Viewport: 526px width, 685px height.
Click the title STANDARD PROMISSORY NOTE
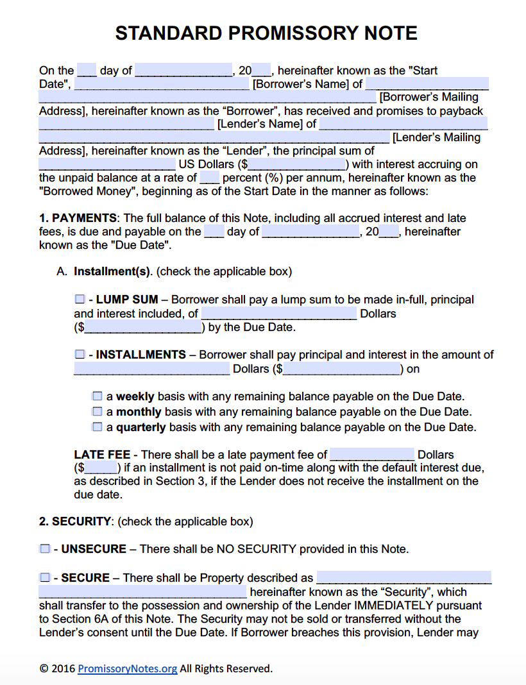pos(266,33)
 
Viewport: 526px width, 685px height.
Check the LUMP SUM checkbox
pos(80,300)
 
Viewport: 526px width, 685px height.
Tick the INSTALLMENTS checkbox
pos(80,354)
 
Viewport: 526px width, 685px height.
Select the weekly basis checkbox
pos(97,396)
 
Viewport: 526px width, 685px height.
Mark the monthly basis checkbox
pos(97,411)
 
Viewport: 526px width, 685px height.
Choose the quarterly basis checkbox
pos(97,427)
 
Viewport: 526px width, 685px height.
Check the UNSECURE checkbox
pos(44,549)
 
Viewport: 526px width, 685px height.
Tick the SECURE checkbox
pos(44,578)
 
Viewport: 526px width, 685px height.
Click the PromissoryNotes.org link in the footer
pos(127,668)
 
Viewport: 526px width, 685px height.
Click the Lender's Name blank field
pos(126,124)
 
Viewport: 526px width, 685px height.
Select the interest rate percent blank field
pos(210,178)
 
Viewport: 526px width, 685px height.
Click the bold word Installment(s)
pos(112,271)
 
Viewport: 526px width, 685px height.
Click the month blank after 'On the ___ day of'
pos(183,71)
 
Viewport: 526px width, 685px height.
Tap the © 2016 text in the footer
pos(57,668)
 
